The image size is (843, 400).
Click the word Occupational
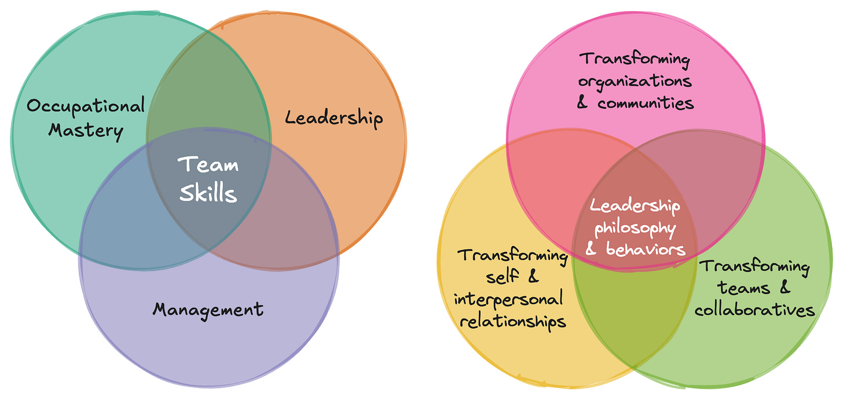86,107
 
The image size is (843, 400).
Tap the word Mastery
86,130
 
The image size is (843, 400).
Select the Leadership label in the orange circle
334,118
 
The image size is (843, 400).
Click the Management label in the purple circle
208,309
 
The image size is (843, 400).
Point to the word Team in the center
208,164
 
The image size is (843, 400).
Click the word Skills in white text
208,193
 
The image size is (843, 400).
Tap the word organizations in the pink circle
635,81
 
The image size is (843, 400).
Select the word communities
646,103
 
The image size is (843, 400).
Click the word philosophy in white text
635,227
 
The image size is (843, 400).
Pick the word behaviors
646,249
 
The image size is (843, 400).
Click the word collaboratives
754,310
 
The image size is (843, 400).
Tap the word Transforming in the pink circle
635,59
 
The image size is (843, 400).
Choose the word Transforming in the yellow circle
512,255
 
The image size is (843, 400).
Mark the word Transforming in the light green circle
754,266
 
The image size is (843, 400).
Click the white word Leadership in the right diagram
635,205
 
